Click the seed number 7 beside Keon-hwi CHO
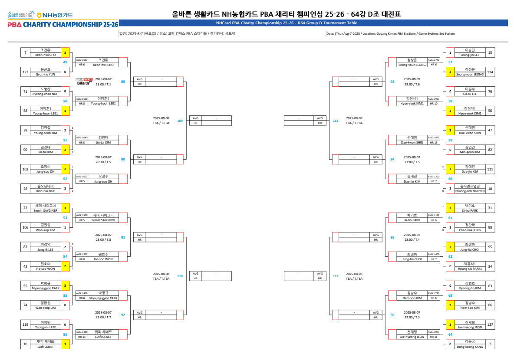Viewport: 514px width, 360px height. click(x=26, y=52)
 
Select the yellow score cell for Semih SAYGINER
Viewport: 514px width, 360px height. click(x=65, y=208)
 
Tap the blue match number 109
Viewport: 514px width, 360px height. click(x=180, y=121)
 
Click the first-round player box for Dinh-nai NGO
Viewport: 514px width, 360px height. click(x=45, y=188)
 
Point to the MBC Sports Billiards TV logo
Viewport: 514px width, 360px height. click(x=84, y=81)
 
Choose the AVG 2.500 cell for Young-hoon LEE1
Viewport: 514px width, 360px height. click(x=82, y=99)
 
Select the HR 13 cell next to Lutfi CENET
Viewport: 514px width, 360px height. click(x=82, y=337)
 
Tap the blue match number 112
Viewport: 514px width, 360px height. click(x=335, y=276)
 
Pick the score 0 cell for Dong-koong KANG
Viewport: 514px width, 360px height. click(x=450, y=344)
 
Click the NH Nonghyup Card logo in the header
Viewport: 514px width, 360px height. click(x=55, y=15)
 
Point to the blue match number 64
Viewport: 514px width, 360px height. click(x=450, y=334)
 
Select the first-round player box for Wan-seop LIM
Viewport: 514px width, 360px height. click(x=45, y=305)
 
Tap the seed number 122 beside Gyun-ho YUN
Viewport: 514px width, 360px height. click(x=26, y=72)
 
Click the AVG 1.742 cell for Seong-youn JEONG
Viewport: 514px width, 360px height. click(x=434, y=60)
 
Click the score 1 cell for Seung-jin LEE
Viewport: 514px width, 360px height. click(x=450, y=52)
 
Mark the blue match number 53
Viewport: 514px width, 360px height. click(x=65, y=218)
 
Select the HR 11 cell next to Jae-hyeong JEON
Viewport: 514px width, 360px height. click(x=434, y=337)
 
